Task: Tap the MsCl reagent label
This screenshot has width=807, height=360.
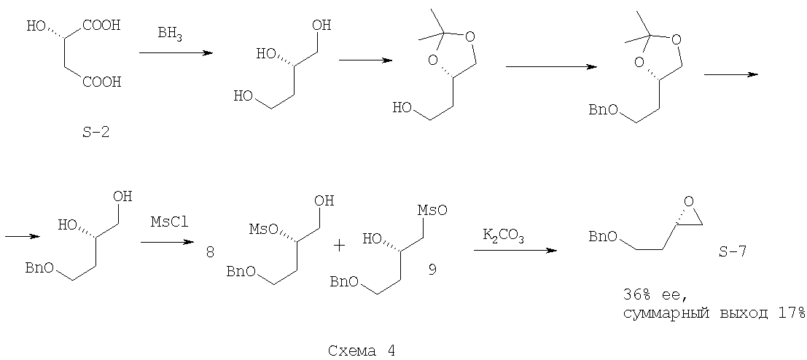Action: point(167,222)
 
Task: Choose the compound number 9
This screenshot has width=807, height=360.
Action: point(432,269)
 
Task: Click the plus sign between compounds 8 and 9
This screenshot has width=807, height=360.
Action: point(339,246)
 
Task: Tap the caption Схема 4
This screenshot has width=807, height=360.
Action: point(362,351)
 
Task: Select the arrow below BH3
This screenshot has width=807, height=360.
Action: point(176,52)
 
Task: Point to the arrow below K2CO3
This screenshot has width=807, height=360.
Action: point(515,250)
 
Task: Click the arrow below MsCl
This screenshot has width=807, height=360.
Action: point(167,241)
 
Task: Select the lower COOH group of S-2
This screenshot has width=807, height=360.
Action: point(101,82)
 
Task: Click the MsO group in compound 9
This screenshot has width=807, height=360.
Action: point(432,210)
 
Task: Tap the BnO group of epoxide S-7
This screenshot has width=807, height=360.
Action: point(602,237)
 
